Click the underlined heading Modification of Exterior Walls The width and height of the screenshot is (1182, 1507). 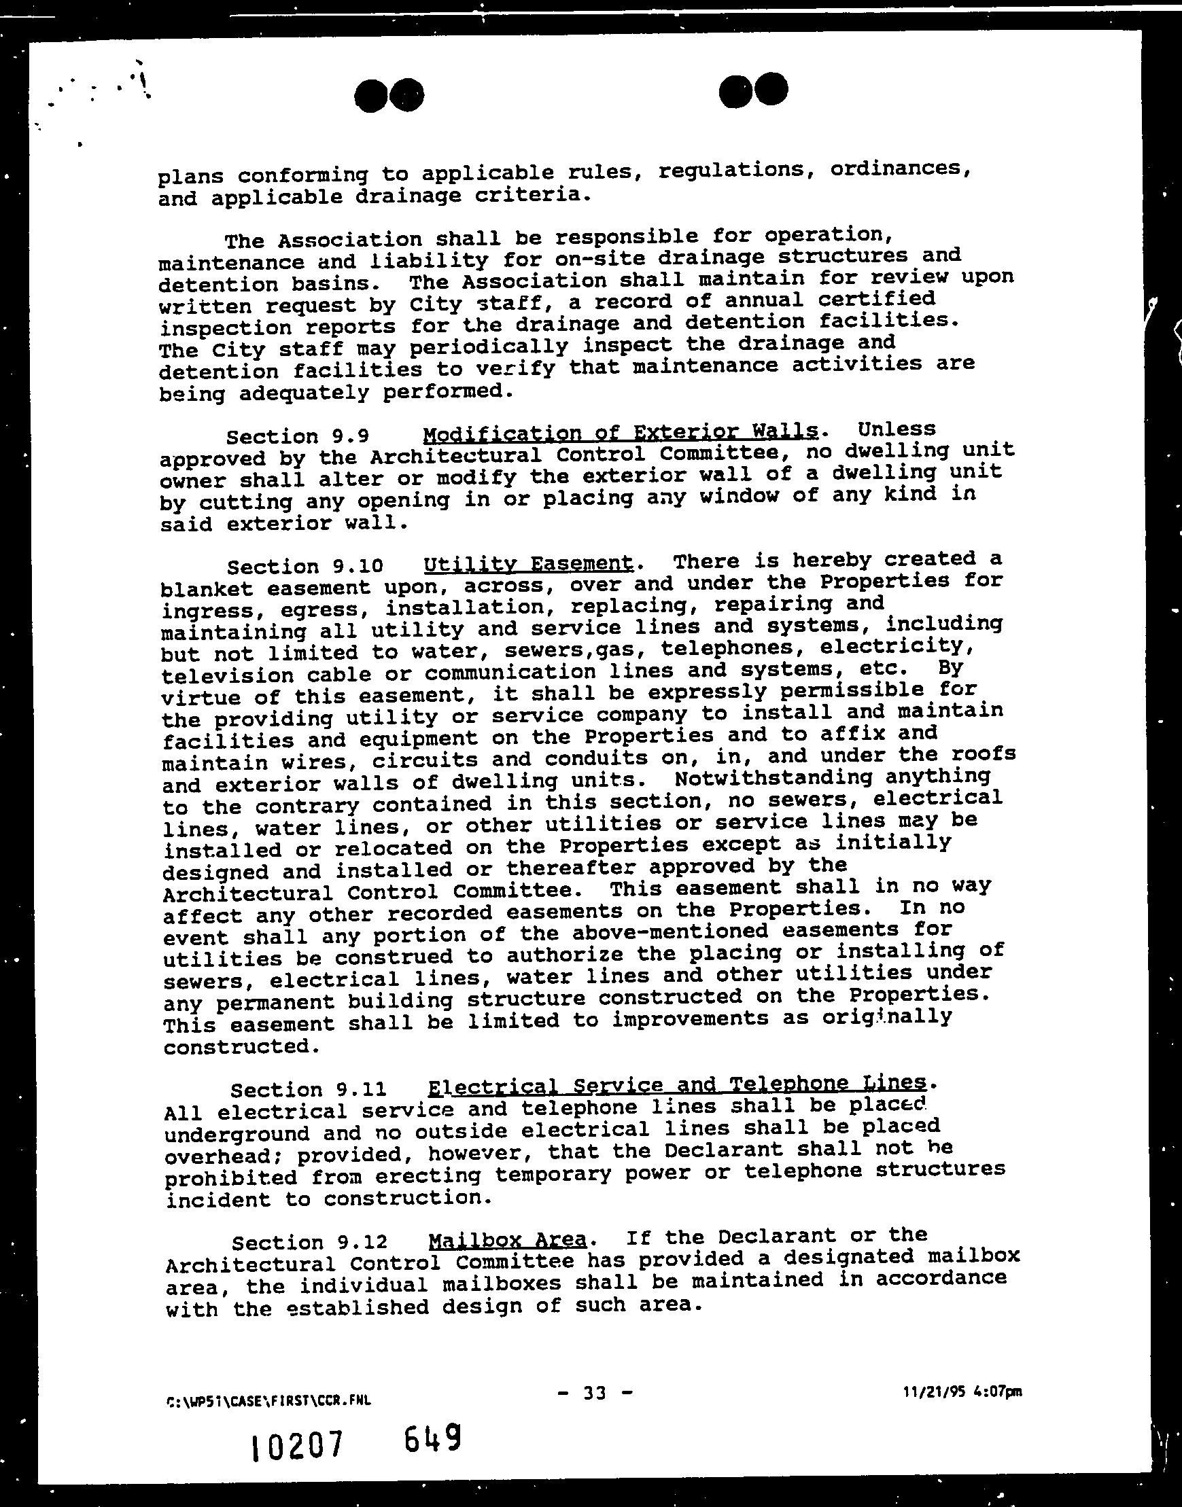coord(620,433)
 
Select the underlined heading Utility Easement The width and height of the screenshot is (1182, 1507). coord(528,564)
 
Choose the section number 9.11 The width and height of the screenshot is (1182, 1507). coord(360,1090)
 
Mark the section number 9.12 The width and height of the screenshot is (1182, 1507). coord(361,1243)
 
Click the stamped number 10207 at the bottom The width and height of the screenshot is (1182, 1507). coord(296,1446)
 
